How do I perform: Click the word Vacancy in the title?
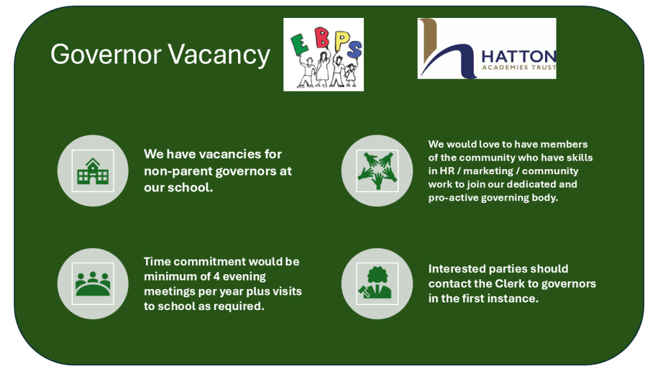click(x=218, y=54)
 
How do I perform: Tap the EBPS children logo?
click(x=324, y=54)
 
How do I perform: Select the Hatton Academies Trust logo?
click(x=487, y=49)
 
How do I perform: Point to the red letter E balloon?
click(x=298, y=42)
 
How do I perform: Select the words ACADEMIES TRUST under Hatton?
click(x=519, y=67)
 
